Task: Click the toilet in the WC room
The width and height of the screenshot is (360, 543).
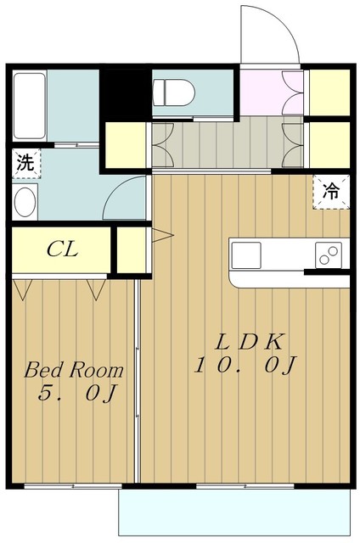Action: coord(173,92)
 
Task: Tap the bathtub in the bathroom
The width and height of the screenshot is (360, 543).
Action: coord(30,105)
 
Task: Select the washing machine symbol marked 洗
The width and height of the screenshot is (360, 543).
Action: coord(26,163)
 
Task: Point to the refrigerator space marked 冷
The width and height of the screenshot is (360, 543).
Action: coord(331,192)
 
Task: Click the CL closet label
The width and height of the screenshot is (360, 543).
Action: coord(62,249)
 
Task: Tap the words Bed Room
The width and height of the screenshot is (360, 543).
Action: coord(74,370)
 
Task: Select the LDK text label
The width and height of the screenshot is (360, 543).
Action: coord(250,343)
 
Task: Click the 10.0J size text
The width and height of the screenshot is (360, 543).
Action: coord(245,366)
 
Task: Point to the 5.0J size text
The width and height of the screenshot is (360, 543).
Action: coord(77,393)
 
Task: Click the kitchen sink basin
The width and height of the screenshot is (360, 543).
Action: coord(246,255)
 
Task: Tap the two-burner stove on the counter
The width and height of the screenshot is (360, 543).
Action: coord(328,255)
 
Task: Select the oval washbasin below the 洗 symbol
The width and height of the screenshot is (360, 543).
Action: coord(25,202)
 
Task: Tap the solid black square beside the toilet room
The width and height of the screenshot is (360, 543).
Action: coord(126,93)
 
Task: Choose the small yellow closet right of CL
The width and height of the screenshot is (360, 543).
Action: coord(132,249)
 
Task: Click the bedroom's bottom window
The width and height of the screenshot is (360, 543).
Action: coord(73,486)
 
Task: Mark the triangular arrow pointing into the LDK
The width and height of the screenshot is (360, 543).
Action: coord(162,236)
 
